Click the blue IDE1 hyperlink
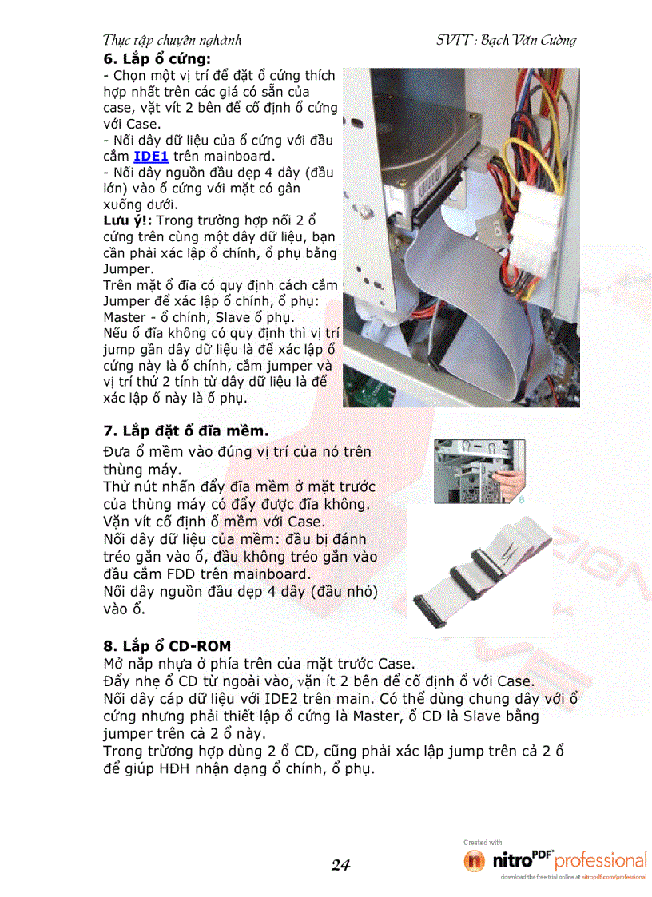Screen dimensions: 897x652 tap(150, 156)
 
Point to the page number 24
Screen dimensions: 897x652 tap(340, 864)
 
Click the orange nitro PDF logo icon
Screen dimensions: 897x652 tap(474, 861)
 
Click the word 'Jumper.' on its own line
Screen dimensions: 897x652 tap(127, 268)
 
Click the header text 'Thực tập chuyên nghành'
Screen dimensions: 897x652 tap(173, 40)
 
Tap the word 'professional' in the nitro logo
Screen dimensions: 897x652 tap(600, 861)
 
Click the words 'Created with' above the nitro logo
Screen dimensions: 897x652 tap(483, 842)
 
